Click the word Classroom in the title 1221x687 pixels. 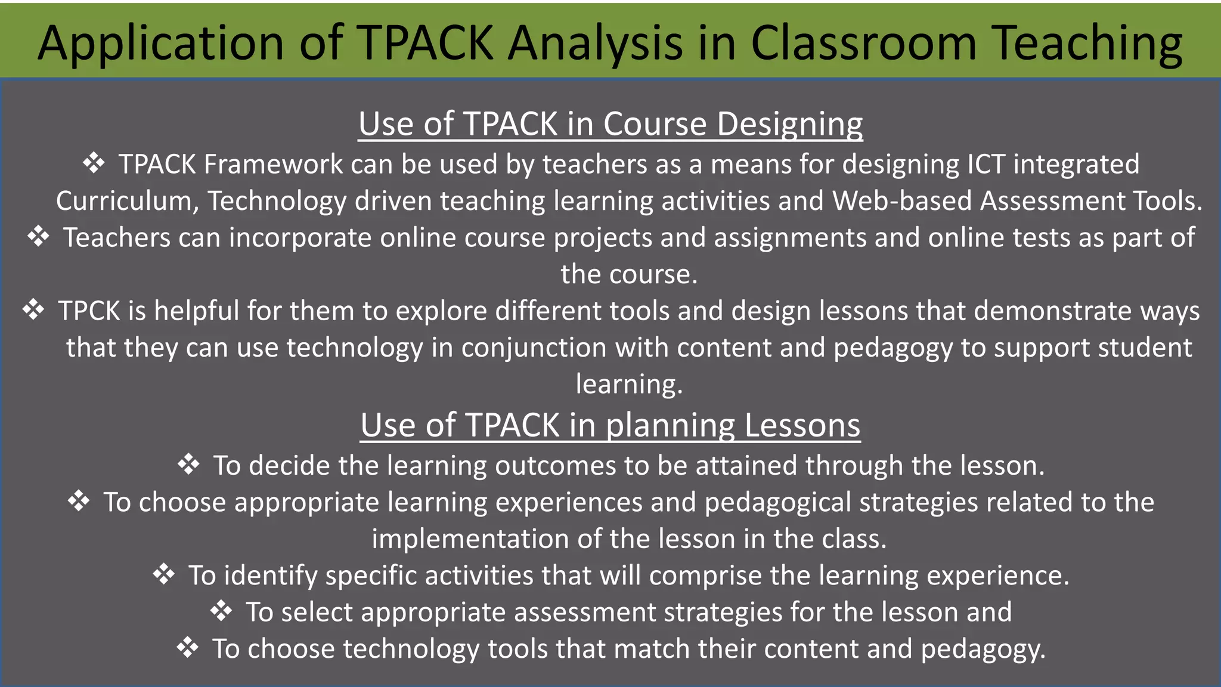pyautogui.click(x=863, y=43)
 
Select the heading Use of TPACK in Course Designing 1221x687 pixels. pyautogui.click(x=610, y=124)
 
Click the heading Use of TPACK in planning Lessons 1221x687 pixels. pyautogui.click(x=610, y=425)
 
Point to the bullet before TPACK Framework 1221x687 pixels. pyautogui.click(x=94, y=163)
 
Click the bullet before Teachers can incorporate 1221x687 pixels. pyautogui.click(x=38, y=237)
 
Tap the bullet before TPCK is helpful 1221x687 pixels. pyautogui.click(x=33, y=310)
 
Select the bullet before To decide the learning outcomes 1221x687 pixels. pyautogui.click(x=188, y=464)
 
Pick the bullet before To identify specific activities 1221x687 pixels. pyautogui.click(x=163, y=574)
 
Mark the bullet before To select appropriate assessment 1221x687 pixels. pyautogui.click(x=221, y=611)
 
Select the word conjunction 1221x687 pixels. pyautogui.click(x=534, y=348)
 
